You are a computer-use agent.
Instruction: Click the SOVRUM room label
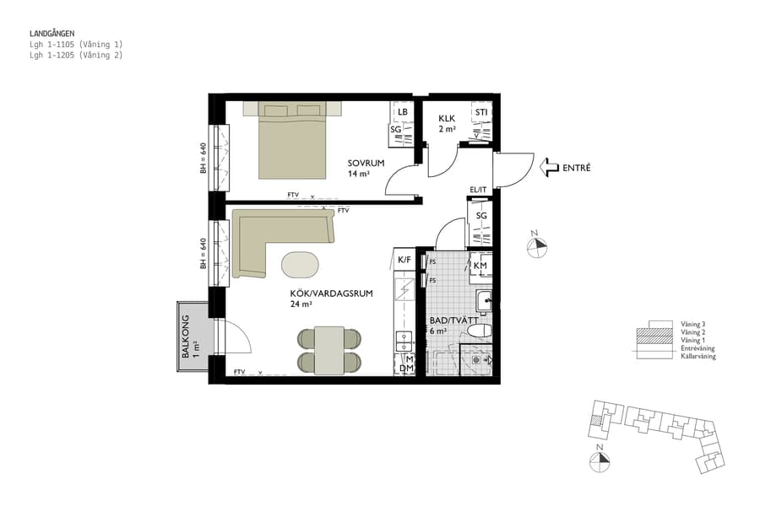366,163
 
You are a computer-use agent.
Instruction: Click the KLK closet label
447,119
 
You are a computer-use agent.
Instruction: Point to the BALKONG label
187,336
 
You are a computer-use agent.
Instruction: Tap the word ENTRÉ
577,169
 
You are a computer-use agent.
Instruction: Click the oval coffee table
301,264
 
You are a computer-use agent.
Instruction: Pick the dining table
328,350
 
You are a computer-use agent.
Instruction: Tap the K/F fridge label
404,261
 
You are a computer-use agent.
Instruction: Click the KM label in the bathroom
480,266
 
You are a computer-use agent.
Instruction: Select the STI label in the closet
480,112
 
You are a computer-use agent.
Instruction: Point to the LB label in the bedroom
403,112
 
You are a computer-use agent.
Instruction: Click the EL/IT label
479,190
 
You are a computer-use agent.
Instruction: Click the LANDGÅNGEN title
52,34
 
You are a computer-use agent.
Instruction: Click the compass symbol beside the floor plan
536,245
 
